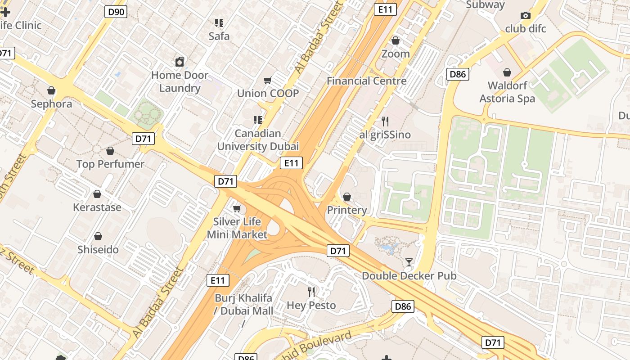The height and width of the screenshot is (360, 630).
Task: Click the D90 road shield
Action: coord(116,12)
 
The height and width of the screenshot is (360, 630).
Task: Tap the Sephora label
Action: coord(51,104)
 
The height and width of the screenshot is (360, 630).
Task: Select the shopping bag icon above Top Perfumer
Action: coord(110,151)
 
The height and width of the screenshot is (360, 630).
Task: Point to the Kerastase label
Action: coord(97,207)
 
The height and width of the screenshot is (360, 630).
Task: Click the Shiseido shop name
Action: coord(98,250)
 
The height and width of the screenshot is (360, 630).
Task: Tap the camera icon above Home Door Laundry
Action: coord(180,62)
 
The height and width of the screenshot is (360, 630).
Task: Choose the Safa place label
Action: coord(219,36)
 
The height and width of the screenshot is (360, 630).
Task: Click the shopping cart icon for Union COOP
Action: coord(268,81)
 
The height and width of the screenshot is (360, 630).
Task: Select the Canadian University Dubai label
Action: coord(258,140)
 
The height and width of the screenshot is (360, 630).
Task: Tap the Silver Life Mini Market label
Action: coord(237,228)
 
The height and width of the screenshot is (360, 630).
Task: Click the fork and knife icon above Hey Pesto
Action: coord(311,292)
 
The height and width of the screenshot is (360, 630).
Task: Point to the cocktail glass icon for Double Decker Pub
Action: coord(409,262)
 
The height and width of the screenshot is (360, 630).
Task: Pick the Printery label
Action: coord(346,210)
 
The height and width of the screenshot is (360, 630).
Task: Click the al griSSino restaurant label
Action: coord(385,135)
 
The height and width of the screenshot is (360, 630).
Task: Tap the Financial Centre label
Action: coord(366,81)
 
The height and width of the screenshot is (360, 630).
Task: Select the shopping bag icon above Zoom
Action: coord(396,41)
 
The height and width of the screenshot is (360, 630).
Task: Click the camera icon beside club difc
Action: coord(525,16)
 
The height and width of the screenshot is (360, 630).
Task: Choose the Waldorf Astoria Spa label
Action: coord(507,92)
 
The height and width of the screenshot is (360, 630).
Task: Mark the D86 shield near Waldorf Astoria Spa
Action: coord(458,74)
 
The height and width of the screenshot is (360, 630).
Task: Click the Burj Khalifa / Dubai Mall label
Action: coord(243,305)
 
